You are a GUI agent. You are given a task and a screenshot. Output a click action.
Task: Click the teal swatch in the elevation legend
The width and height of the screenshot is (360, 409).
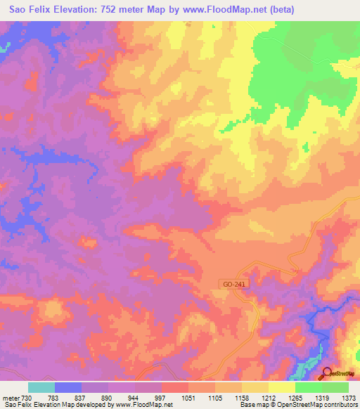point(41,387)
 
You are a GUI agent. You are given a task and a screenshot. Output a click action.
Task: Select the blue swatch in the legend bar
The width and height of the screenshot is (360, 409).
point(68,387)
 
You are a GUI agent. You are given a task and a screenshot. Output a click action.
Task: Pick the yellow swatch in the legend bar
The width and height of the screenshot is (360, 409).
point(282,387)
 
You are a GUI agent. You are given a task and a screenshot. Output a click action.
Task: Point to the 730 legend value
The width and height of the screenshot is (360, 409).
point(26,398)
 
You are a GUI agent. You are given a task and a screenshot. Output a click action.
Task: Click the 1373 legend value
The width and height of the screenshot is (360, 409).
point(348,398)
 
